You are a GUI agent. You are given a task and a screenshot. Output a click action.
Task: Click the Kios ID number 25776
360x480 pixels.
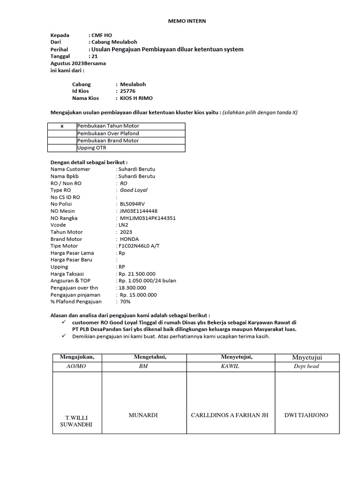[127, 91]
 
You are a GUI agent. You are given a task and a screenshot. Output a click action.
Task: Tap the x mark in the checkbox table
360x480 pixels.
[62, 126]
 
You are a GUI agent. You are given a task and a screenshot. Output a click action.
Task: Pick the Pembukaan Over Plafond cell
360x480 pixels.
[108, 134]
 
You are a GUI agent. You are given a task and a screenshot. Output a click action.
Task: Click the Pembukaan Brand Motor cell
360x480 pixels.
[108, 141]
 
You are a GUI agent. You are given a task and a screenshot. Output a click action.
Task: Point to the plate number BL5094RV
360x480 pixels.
[133, 204]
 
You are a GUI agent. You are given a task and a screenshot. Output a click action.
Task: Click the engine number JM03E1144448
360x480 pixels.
[139, 211]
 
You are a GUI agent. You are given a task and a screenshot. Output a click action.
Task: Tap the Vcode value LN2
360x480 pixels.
[123, 225]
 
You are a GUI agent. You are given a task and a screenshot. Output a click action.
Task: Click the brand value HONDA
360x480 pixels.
[129, 239]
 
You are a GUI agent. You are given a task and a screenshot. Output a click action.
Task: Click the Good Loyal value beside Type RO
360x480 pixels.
[134, 190]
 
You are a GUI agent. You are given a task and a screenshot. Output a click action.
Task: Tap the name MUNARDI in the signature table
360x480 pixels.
[144, 415]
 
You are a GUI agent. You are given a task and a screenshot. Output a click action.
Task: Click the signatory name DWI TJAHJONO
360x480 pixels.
[306, 415]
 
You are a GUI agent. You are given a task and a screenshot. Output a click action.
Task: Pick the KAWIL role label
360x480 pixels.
[230, 366]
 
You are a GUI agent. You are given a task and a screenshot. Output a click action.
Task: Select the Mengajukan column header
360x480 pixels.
[77, 357]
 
